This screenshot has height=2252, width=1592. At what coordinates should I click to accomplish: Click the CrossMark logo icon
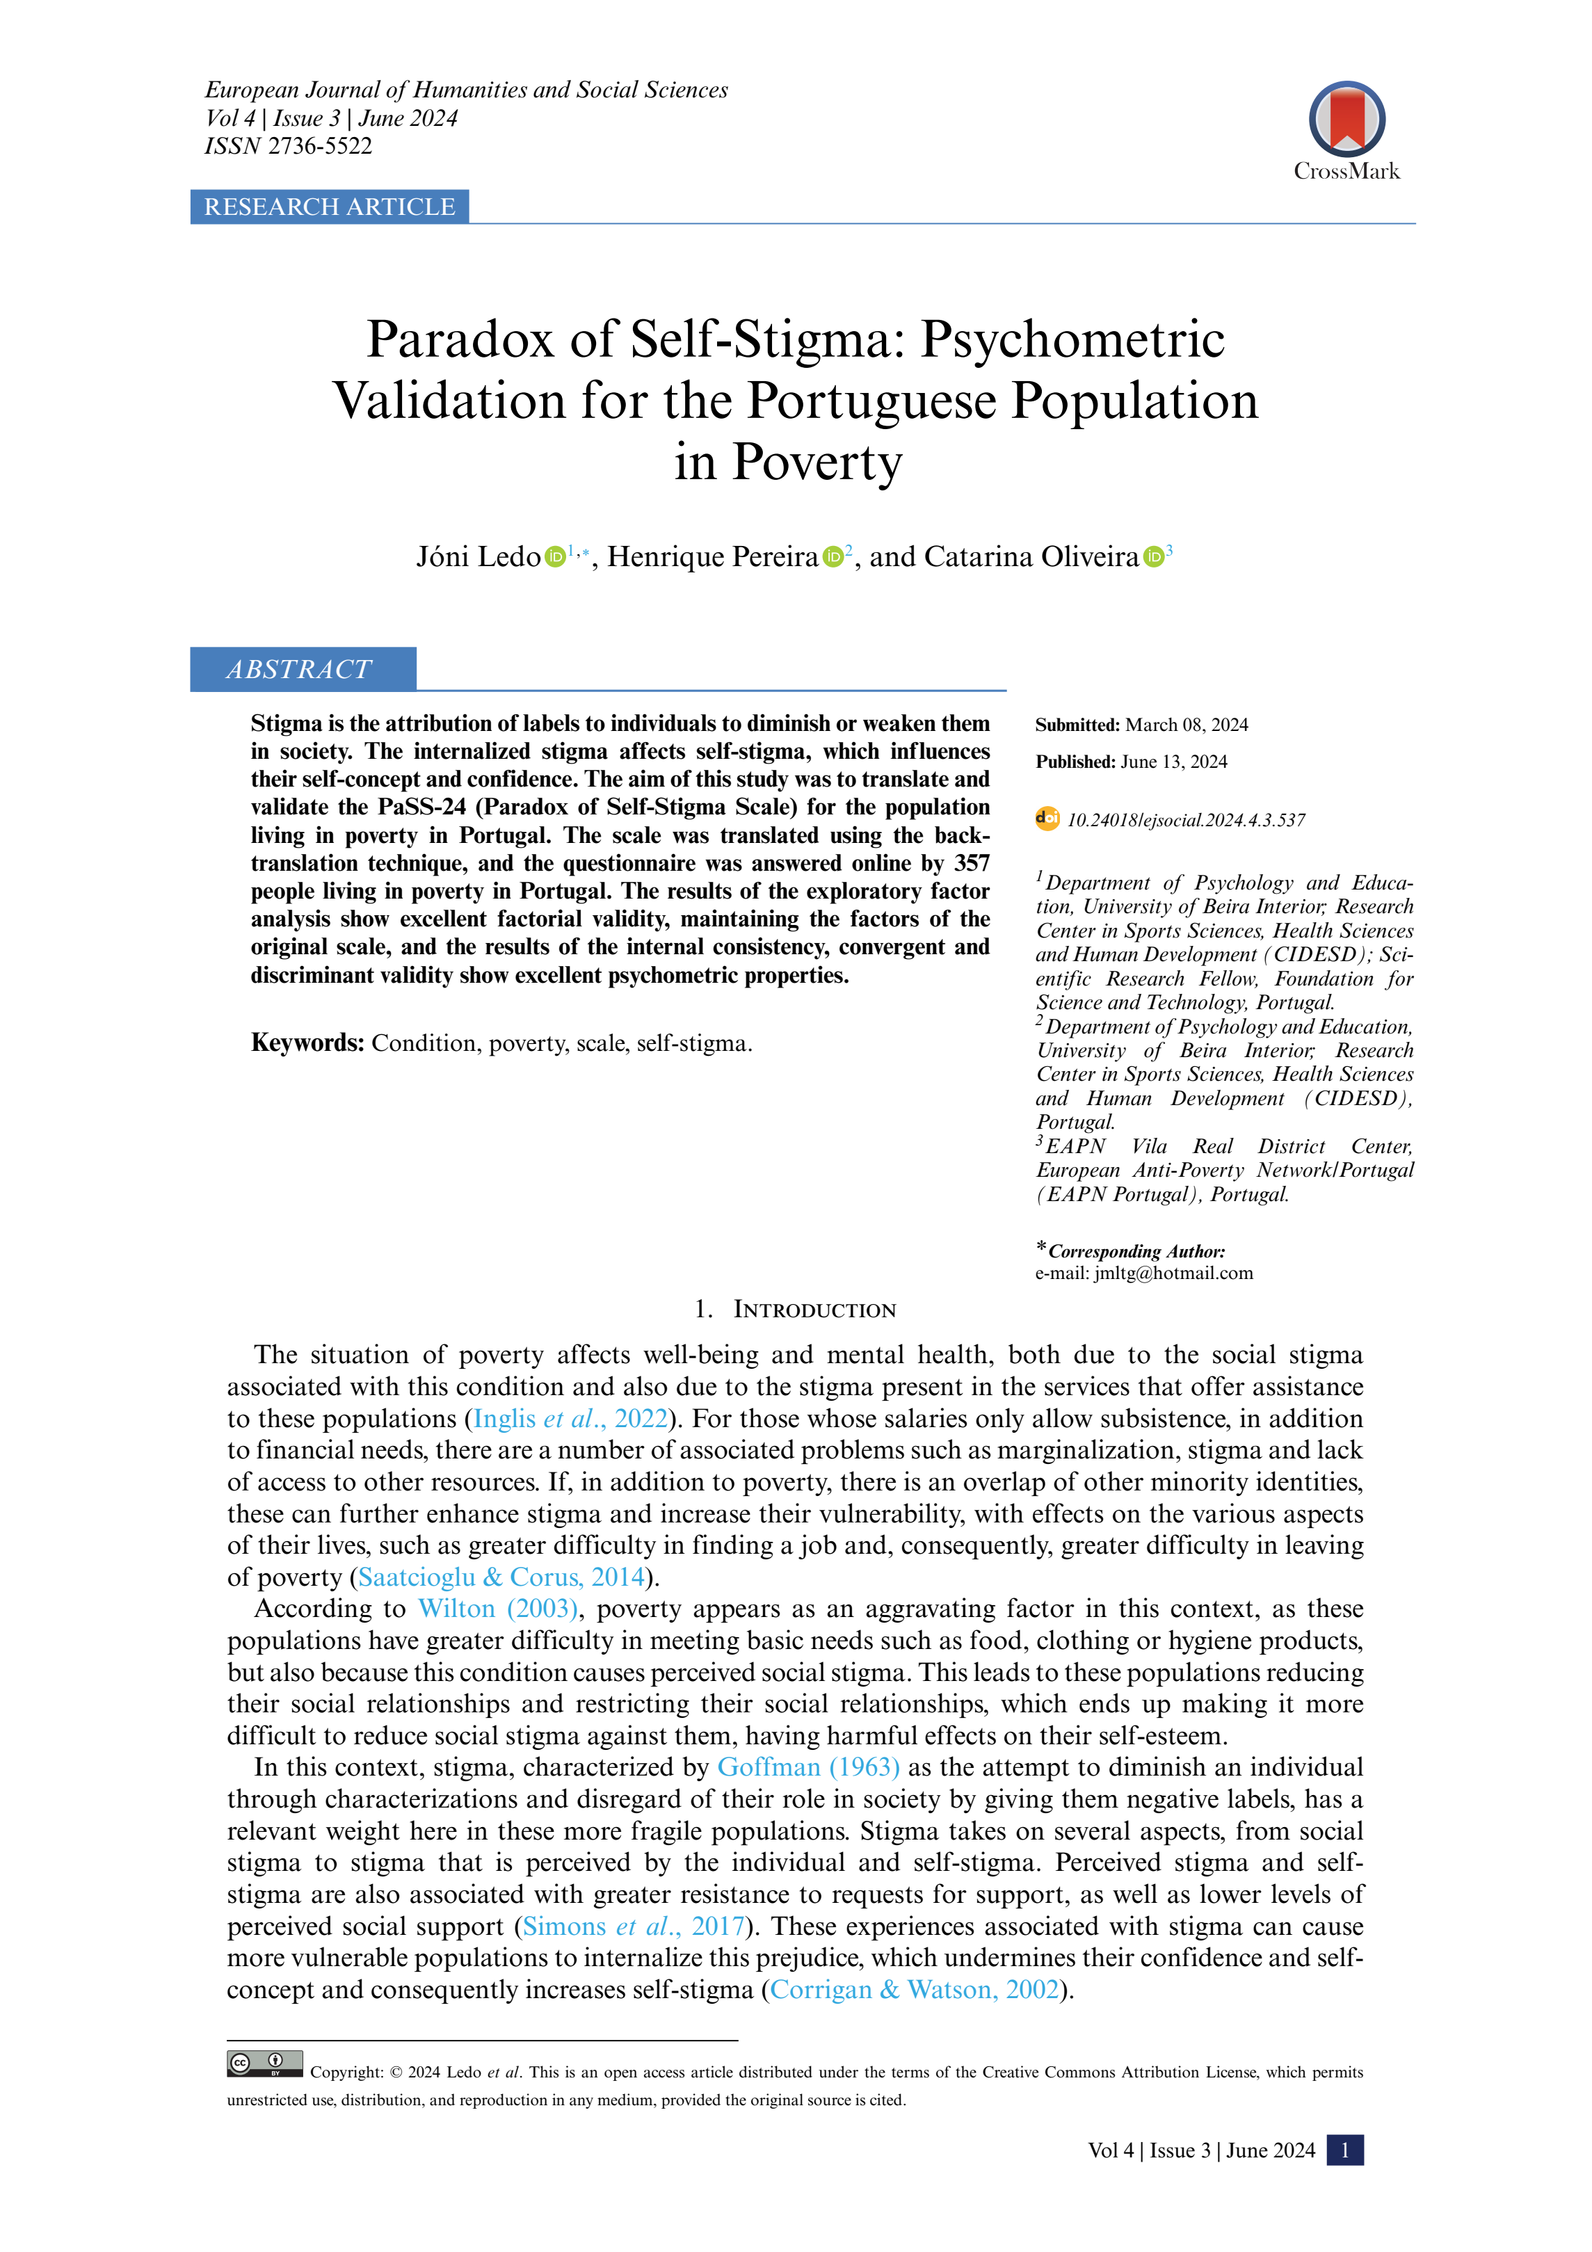pos(1346,120)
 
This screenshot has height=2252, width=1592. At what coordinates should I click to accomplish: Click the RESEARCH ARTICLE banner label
pos(330,207)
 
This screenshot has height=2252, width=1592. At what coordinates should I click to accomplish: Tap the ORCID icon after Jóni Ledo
pos(555,557)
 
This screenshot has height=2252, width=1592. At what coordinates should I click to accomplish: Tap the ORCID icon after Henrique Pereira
pos(833,557)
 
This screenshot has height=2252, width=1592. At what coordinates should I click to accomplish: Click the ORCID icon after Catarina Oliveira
pos(1154,557)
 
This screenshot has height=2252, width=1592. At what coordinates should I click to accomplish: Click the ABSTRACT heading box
pos(302,669)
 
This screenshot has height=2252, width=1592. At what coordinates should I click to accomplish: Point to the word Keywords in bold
pos(307,1043)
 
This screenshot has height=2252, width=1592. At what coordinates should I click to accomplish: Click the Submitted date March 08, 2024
pos(1186,725)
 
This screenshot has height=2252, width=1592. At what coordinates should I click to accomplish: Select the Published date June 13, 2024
pos(1173,762)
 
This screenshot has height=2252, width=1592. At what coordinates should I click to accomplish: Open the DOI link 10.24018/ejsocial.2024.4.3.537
pos(1186,821)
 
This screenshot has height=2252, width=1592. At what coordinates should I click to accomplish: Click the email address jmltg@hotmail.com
pos(1173,1273)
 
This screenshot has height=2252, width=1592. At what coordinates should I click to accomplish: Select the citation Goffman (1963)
pos(808,1767)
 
